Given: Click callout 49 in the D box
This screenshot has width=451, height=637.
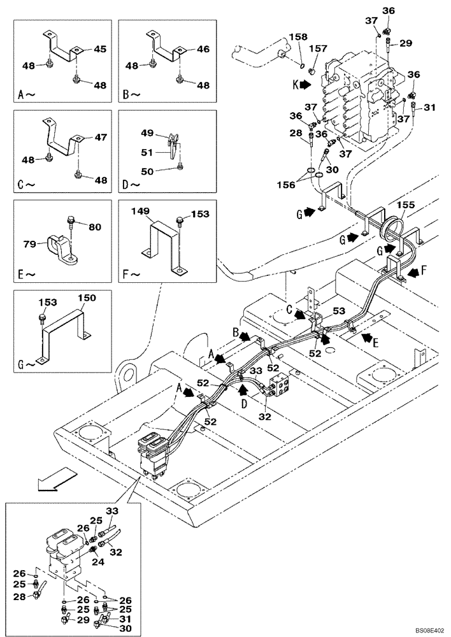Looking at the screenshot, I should (147, 132).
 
